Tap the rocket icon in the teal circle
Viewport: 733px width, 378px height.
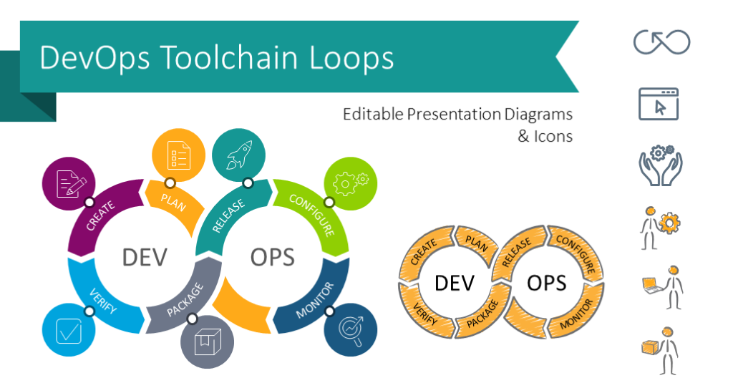tap(239, 155)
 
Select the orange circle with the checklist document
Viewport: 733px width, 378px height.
tap(178, 155)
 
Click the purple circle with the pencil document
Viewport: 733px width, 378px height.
tap(69, 183)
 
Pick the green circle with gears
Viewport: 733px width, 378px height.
tap(350, 183)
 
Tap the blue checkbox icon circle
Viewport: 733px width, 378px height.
tap(69, 330)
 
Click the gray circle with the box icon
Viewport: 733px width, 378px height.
tap(207, 342)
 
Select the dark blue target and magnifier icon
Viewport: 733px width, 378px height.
tap(351, 330)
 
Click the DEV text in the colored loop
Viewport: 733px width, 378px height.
tap(145, 257)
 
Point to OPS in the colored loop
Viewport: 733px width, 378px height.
tap(273, 257)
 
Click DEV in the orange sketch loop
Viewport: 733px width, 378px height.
tap(455, 283)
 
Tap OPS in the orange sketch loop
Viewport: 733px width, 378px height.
tap(546, 283)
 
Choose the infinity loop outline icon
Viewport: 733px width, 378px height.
tap(661, 42)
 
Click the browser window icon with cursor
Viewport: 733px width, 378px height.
tap(659, 104)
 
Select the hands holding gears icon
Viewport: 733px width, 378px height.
tap(661, 165)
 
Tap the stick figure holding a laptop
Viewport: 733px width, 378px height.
tap(663, 287)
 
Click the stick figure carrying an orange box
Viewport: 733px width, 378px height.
tap(660, 350)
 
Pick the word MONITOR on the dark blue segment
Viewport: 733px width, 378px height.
tap(315, 301)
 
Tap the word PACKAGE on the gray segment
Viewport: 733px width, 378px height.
tap(185, 301)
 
